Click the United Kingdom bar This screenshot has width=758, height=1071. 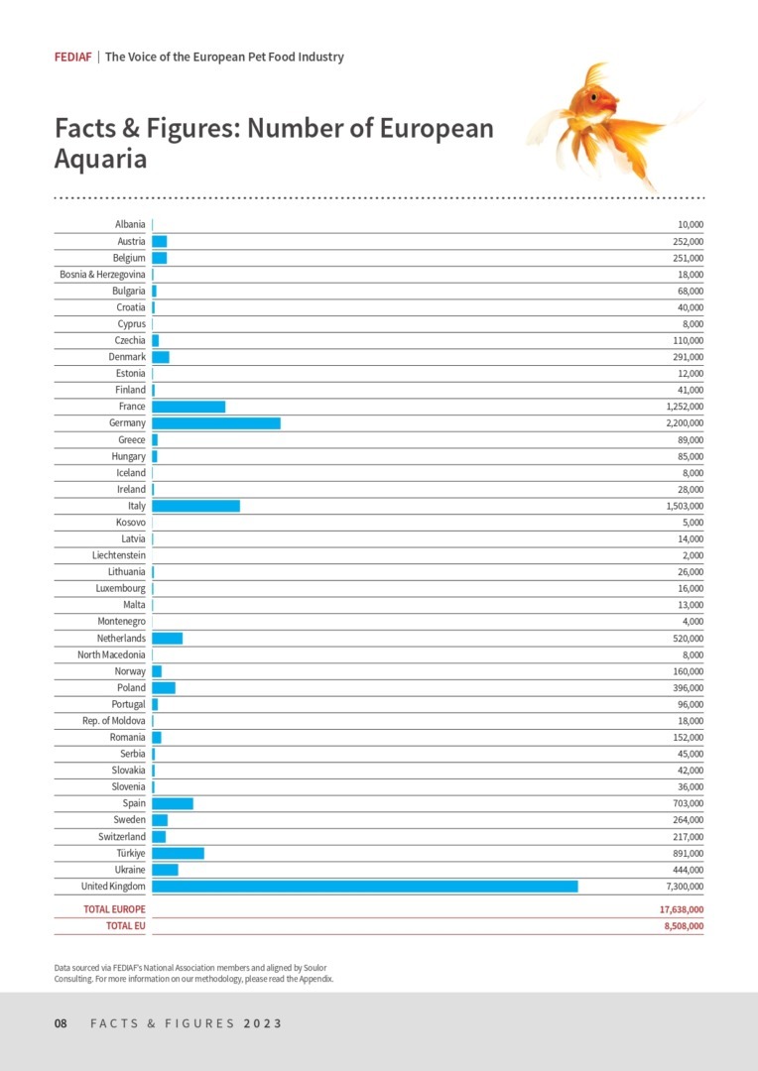coord(364,886)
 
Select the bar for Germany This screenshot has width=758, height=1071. coord(215,423)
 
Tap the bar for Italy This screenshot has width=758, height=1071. coord(195,506)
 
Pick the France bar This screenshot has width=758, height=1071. coord(189,407)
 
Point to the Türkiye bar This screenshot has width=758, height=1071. coord(178,853)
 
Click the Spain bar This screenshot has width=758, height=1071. coord(173,803)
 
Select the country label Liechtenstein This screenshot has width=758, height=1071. coord(119,555)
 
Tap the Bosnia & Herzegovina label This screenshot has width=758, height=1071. coord(102,275)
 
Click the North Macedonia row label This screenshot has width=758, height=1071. coord(111,654)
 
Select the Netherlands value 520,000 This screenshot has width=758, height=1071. coord(688,639)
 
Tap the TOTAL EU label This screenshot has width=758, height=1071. coord(125,926)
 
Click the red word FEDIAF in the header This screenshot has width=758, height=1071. coord(73,58)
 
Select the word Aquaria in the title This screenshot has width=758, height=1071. coord(100,159)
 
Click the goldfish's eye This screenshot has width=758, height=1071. coord(594,96)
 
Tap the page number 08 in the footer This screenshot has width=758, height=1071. coord(61,1023)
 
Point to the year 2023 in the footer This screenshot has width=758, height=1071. coord(262,1023)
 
